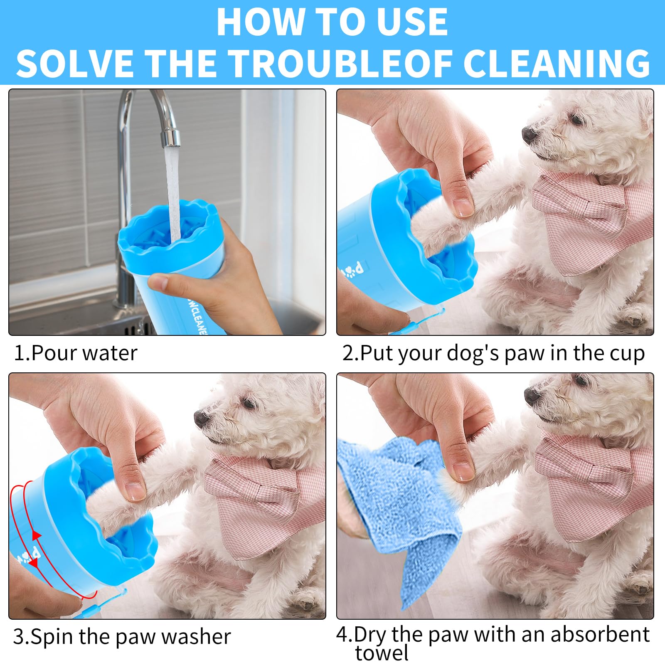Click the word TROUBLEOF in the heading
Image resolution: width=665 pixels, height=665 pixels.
pos(341,63)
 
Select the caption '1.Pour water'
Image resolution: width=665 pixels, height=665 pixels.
pos(75,353)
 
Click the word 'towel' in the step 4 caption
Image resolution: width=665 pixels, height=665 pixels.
pos(382,653)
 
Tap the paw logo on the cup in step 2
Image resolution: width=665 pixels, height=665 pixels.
pos(348,273)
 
